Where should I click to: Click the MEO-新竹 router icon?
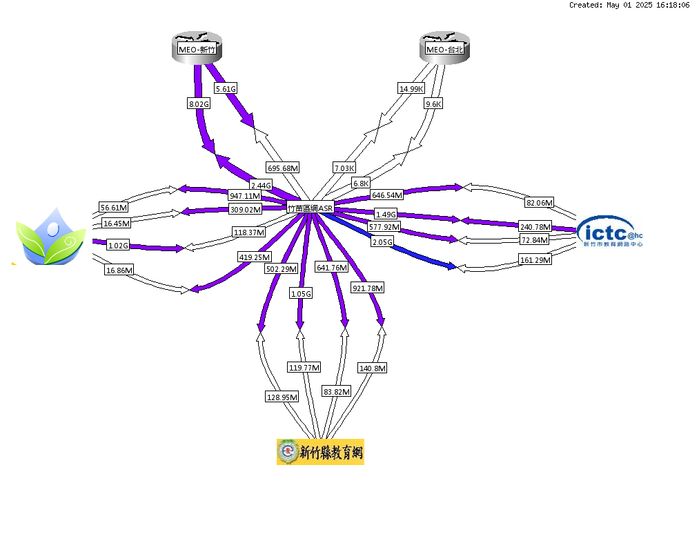click(197, 48)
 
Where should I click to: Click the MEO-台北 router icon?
click(444, 48)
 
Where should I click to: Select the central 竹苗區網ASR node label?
click(310, 208)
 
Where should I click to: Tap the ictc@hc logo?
click(610, 232)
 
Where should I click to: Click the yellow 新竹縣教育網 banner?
click(320, 452)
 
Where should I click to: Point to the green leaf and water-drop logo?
click(50, 237)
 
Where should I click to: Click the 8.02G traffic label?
click(199, 104)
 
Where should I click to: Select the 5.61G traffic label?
click(226, 88)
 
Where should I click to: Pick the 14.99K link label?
click(411, 88)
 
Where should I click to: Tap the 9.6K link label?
click(433, 104)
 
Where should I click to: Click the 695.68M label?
click(283, 168)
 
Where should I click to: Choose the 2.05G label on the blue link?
click(382, 242)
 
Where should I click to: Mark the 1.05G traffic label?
click(301, 294)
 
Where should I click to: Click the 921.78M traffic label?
click(368, 288)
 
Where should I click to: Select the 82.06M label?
click(540, 202)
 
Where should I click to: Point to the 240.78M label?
click(535, 227)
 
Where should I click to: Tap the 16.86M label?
click(119, 270)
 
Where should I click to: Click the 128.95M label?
click(282, 397)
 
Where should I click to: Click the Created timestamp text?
click(629, 5)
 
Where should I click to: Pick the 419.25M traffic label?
click(255, 257)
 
